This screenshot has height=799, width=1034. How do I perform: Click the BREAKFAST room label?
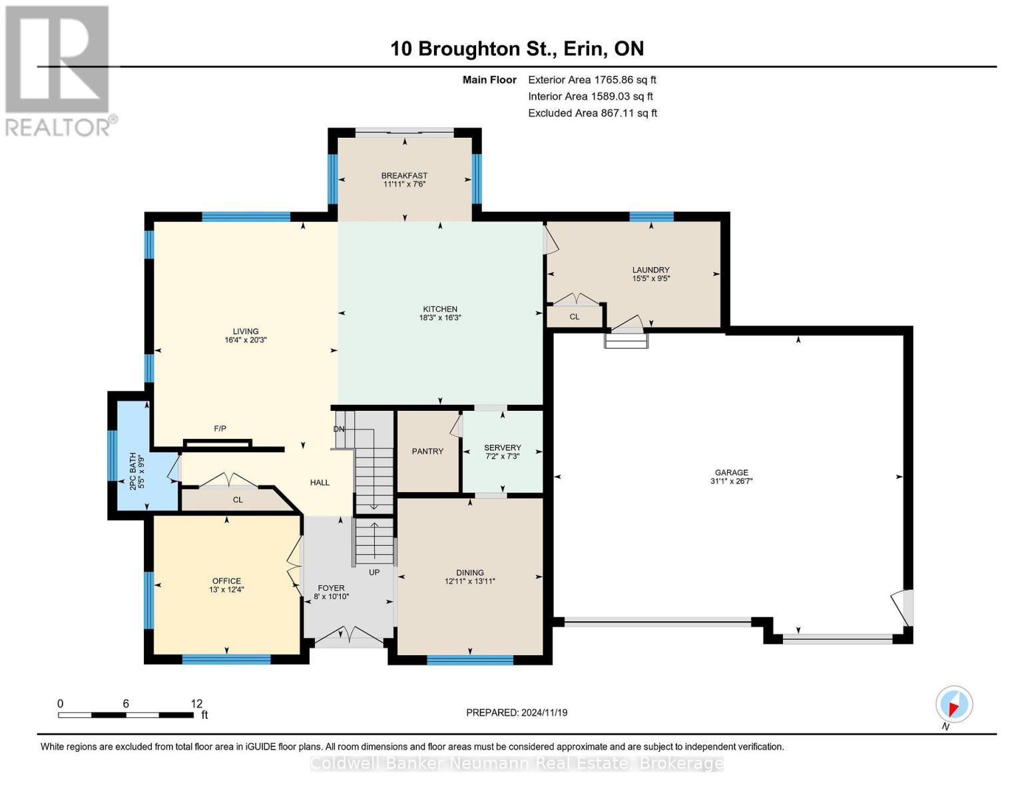pyautogui.click(x=404, y=176)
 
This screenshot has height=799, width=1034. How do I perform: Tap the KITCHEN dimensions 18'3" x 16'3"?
pyautogui.click(x=439, y=318)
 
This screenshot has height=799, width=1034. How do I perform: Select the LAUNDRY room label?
pyautogui.click(x=650, y=270)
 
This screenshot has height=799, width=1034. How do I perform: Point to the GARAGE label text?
pyautogui.click(x=731, y=472)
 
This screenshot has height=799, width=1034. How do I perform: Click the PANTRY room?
pyautogui.click(x=427, y=451)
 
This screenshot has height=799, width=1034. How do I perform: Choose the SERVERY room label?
pyautogui.click(x=503, y=447)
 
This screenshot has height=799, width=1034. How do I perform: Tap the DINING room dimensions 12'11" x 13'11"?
pyautogui.click(x=470, y=581)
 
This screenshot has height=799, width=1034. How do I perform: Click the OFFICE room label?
pyautogui.click(x=226, y=581)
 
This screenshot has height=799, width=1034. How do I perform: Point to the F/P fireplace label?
pyautogui.click(x=220, y=429)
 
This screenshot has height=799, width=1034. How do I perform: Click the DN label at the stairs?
pyautogui.click(x=339, y=429)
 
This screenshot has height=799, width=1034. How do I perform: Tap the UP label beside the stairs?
pyautogui.click(x=374, y=572)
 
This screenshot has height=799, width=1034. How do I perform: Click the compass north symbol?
pyautogui.click(x=954, y=704)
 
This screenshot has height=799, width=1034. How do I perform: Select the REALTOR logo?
pyautogui.click(x=58, y=70)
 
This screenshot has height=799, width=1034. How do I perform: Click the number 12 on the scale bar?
pyautogui.click(x=196, y=704)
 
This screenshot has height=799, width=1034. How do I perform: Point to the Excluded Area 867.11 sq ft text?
pyautogui.click(x=592, y=113)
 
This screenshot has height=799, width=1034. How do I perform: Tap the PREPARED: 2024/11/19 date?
pyautogui.click(x=517, y=712)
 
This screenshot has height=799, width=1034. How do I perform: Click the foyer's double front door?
pyautogui.click(x=349, y=637)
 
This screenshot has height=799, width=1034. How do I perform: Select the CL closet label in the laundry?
pyautogui.click(x=574, y=316)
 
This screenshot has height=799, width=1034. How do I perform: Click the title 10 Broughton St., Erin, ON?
pyautogui.click(x=517, y=49)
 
